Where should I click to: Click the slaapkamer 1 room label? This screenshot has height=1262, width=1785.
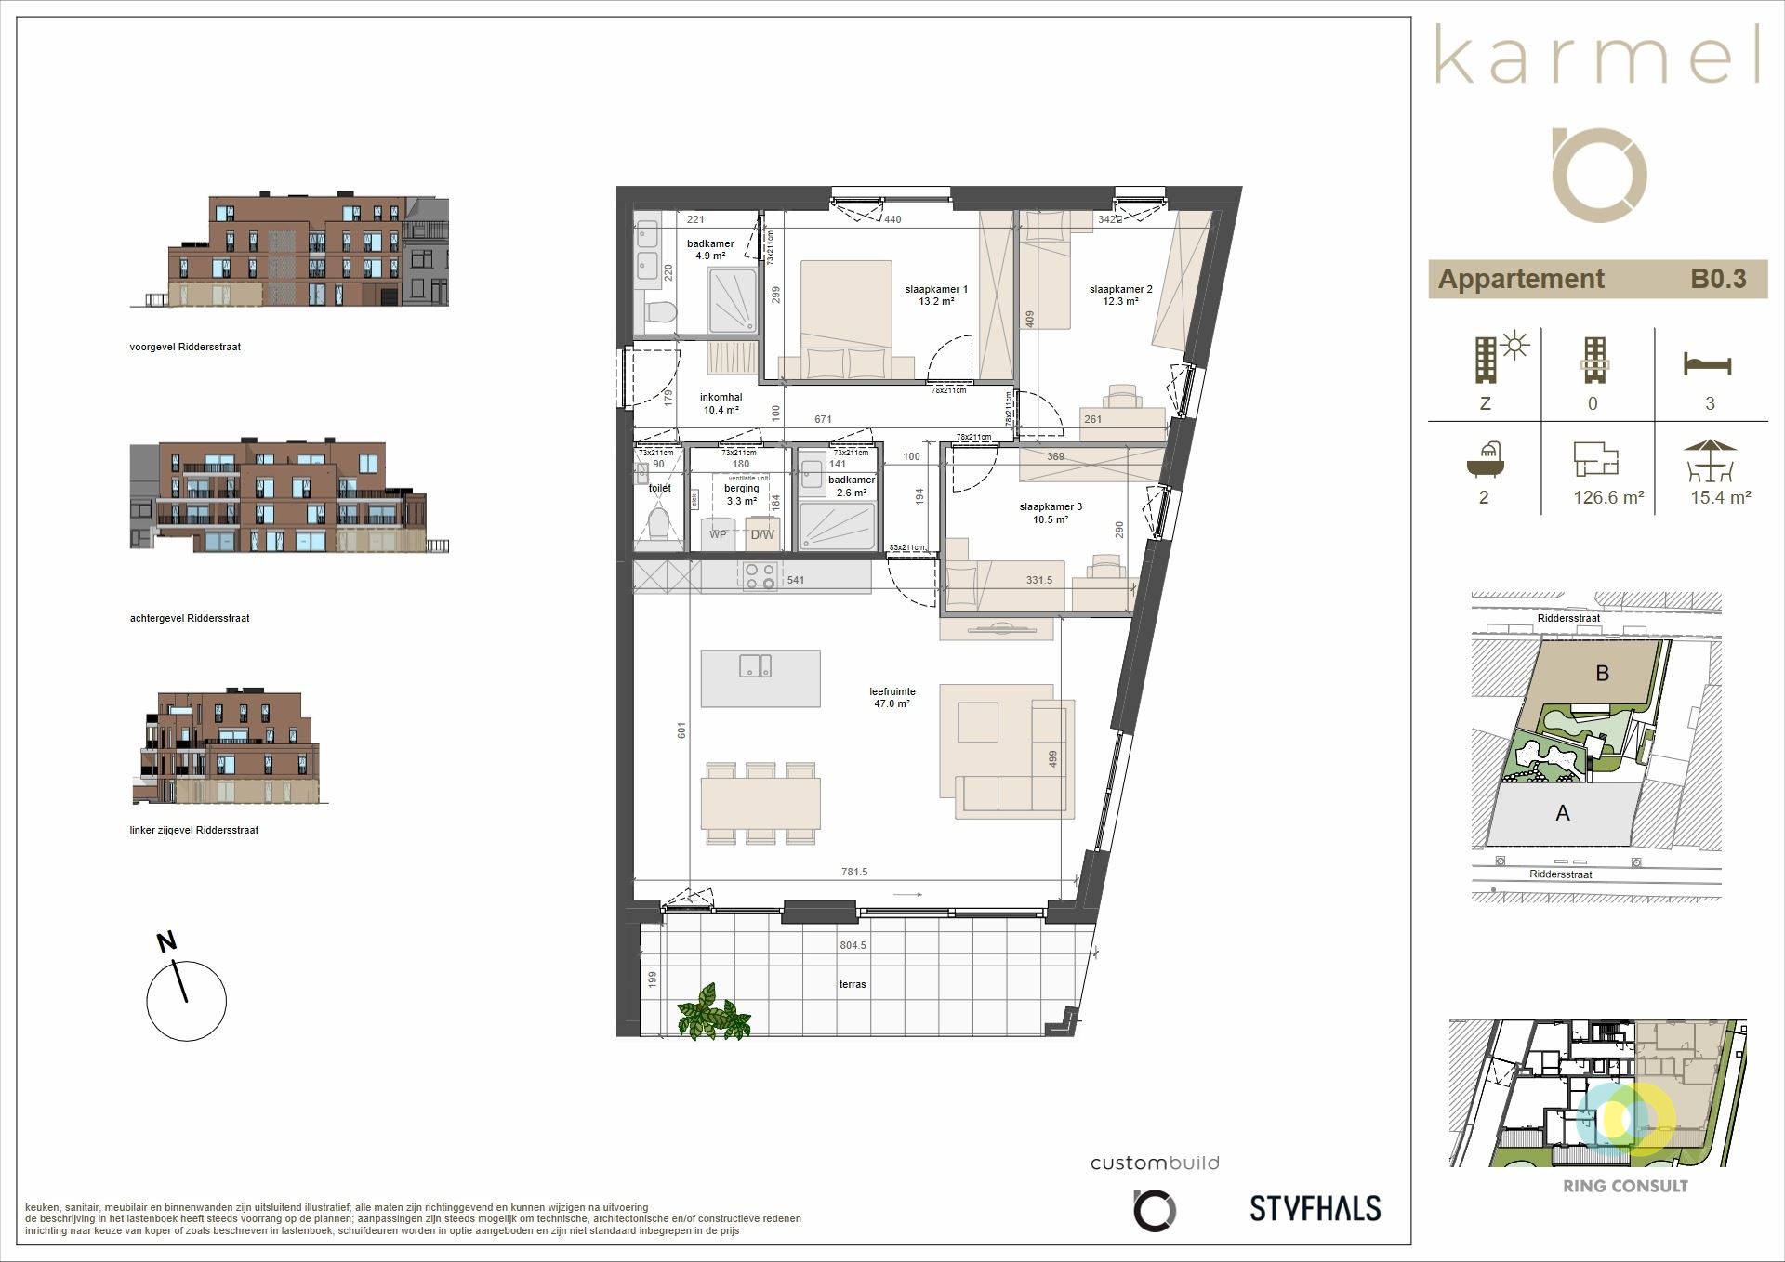click(936, 296)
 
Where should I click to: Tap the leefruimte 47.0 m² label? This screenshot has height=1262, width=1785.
click(892, 698)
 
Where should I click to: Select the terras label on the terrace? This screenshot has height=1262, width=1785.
click(852, 984)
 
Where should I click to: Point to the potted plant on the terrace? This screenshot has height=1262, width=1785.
click(713, 1012)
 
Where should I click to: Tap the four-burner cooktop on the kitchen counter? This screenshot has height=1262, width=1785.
click(760, 577)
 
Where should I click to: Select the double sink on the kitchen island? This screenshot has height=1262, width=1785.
click(754, 665)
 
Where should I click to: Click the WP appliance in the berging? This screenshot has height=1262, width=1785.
click(718, 534)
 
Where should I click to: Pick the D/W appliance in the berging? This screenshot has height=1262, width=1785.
click(762, 534)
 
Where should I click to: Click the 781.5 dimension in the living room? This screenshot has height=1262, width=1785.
click(853, 872)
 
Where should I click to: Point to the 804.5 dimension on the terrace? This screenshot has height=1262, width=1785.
click(853, 945)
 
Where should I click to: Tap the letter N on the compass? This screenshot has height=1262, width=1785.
click(166, 942)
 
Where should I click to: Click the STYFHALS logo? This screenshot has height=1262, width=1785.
click(1315, 1208)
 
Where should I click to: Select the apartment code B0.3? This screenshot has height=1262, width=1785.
click(1717, 279)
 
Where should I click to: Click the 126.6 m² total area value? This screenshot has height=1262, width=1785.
click(1607, 497)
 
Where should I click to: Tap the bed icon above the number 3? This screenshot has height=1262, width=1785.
click(1707, 363)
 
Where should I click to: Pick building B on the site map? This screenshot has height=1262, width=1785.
click(1602, 673)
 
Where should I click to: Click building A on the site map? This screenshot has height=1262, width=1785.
click(1563, 813)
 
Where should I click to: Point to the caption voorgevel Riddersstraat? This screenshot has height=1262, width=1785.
click(185, 347)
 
